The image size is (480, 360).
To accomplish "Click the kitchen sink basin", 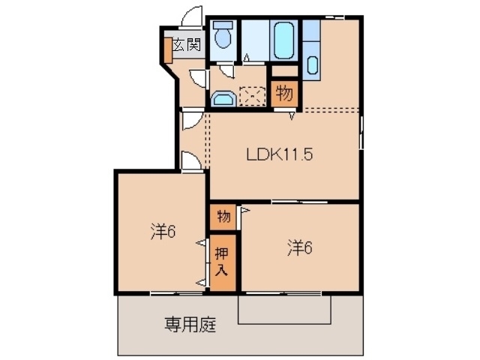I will pyautogui.click(x=313, y=64).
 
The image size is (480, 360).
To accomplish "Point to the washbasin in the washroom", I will pyautogui.click(x=222, y=98).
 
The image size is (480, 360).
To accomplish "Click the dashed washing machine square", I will pyautogui.click(x=252, y=96).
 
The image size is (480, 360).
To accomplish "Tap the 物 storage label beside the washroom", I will pyautogui.click(x=283, y=94).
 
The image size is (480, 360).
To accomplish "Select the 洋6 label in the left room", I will pyautogui.click(x=161, y=232).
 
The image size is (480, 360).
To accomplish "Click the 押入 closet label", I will pyautogui.click(x=222, y=261).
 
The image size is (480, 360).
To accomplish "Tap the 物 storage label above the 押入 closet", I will pyautogui.click(x=223, y=217).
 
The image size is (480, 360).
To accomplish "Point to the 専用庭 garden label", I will pyautogui.click(x=190, y=325).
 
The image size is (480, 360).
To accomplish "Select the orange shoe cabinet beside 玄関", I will pyautogui.click(x=168, y=48).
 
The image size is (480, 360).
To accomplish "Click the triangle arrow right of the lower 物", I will pyautogui.click(x=244, y=212).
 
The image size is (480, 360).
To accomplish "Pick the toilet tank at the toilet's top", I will pyautogui.click(x=223, y=25).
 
